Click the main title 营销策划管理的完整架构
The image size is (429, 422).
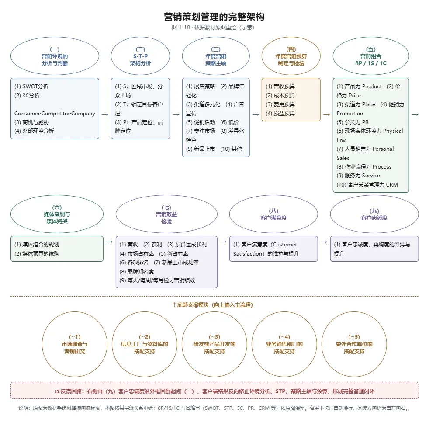coord(214,17)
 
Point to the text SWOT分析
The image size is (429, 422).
coord(35,86)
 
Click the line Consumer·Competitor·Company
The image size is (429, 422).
coord(55,113)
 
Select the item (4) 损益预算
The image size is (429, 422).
coord(280,113)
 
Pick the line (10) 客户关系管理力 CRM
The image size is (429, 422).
coord(367,185)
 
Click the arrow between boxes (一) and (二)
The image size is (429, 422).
coord(105,114)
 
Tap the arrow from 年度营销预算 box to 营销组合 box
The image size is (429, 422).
coord(326,114)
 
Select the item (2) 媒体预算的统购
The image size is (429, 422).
coord(37,254)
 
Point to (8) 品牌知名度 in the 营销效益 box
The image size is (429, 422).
coord(137,271)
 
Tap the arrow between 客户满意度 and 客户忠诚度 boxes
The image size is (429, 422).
coord(324,242)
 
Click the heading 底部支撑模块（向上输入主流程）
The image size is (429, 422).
coord(213,305)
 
